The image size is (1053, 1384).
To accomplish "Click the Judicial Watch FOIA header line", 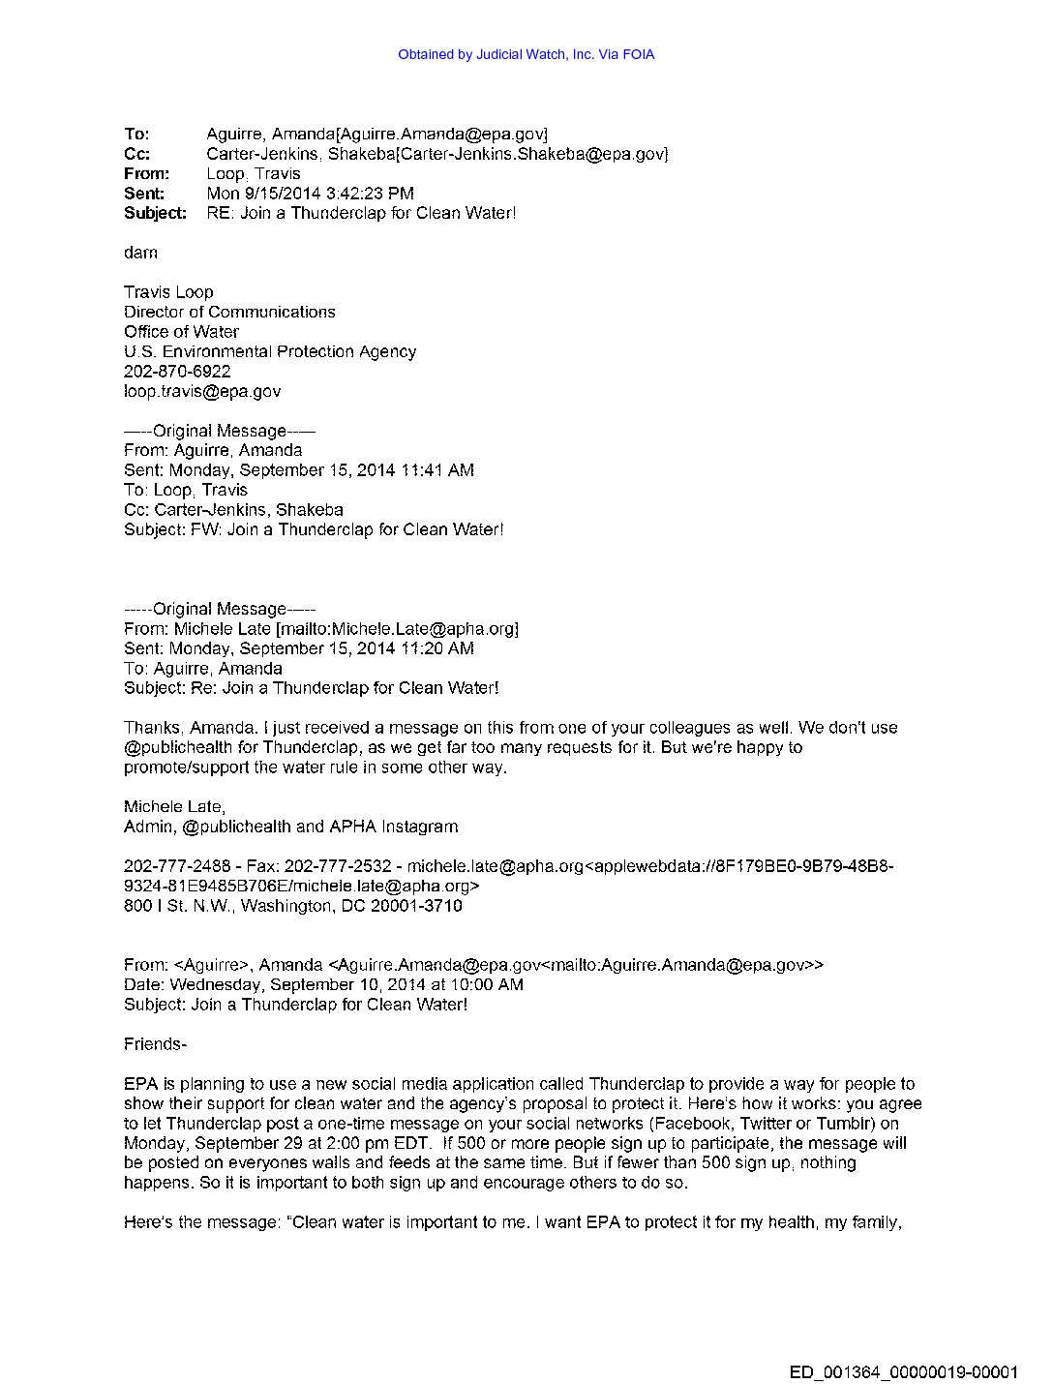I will [x=526, y=54].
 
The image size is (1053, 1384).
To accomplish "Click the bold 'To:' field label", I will [x=136, y=134].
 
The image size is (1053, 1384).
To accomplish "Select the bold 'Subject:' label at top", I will [x=155, y=213].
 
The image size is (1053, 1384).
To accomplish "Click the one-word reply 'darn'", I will [x=140, y=253].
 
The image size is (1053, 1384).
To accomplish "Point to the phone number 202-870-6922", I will [x=177, y=371].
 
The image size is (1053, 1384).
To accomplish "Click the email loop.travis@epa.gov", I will [x=202, y=391].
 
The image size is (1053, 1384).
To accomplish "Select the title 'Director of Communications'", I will [x=229, y=312].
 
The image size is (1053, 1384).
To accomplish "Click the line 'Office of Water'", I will [x=181, y=331].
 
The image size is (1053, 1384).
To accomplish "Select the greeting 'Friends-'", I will [x=155, y=1043].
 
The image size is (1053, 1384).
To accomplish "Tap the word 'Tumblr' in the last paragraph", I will [x=843, y=1124].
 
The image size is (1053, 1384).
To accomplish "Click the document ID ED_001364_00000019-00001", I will [x=904, y=1371].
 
